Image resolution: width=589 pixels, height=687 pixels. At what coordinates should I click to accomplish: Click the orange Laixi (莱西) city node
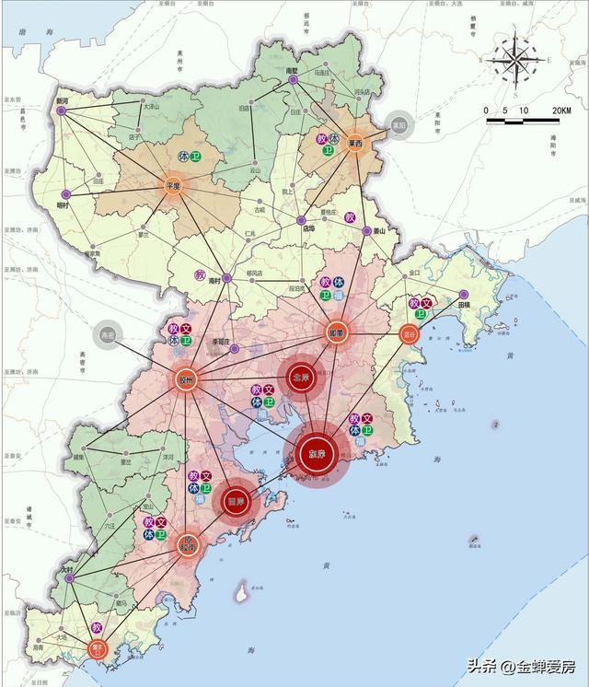point(355,145)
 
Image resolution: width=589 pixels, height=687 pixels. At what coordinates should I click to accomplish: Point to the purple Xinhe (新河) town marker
point(62,111)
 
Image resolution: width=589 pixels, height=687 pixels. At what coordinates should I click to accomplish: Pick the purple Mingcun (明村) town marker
point(63,193)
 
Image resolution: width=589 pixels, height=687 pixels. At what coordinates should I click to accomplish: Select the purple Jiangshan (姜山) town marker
point(367,230)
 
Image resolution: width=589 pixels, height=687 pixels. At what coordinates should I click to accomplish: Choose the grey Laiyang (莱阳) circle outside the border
point(398,126)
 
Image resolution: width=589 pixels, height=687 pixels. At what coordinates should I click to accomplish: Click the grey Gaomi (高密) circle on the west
point(108,334)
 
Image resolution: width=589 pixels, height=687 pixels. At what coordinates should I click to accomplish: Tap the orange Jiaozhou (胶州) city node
point(186,378)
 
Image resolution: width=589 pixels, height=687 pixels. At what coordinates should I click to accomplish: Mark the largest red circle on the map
point(317,454)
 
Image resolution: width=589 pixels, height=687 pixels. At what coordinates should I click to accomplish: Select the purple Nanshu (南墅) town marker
point(293,80)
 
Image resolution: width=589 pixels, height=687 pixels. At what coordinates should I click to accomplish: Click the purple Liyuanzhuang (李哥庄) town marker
point(234,348)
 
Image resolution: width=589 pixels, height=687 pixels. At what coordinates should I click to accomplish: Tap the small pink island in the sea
point(242,594)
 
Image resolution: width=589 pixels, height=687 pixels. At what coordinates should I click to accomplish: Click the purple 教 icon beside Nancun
point(200,274)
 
